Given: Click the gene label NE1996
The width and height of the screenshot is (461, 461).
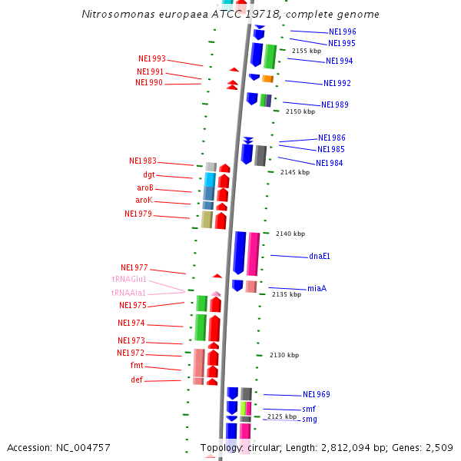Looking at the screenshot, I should click(342, 32).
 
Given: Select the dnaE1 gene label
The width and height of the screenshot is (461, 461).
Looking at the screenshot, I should click(319, 256).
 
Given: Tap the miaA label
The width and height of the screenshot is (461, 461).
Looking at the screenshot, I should click(317, 288).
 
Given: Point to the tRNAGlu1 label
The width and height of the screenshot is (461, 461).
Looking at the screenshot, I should click(129, 280).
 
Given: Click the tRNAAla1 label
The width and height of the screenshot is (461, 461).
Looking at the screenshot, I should click(128, 293).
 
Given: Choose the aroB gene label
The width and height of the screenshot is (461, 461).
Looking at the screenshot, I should click(145, 187).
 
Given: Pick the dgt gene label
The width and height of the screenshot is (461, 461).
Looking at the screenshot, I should click(149, 175).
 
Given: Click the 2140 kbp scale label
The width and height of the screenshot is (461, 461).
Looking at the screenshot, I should click(290, 234).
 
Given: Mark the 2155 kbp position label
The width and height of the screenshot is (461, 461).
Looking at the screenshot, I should click(307, 51).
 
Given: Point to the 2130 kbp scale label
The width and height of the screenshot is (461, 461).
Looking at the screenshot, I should click(284, 355).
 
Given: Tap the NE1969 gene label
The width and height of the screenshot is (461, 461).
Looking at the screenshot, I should click(316, 394).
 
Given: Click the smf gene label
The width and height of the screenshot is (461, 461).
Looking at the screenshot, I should click(308, 409).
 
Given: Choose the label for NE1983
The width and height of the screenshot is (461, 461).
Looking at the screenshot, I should click(143, 161).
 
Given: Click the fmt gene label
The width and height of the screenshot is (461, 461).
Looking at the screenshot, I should click(137, 366).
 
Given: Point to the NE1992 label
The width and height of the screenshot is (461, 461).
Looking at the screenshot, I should click(337, 83).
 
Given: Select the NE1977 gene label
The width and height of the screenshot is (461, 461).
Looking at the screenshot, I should click(134, 268).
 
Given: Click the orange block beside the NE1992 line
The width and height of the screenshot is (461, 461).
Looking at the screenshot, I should click(267, 78).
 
